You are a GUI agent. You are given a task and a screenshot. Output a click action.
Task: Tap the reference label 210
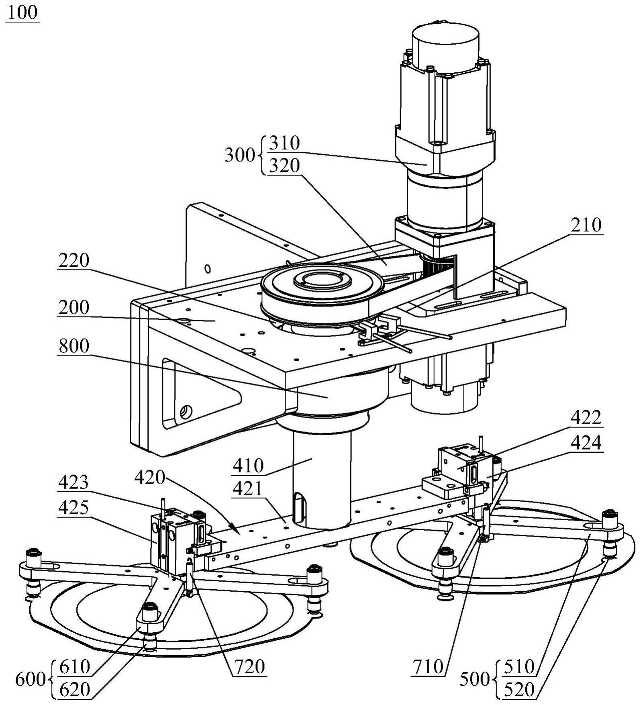pos(586,225)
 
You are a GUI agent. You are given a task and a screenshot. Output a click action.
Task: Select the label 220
pos(73,260)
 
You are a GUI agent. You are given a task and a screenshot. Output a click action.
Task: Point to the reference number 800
pos(73,346)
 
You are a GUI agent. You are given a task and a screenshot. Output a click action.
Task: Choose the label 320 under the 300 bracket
pos(284,165)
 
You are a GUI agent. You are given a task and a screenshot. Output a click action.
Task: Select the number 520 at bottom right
pos(519,690)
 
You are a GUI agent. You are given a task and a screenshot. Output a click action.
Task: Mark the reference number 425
pos(73,508)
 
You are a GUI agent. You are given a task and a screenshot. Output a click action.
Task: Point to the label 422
pos(586,418)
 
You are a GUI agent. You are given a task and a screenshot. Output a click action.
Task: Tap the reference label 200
pos(73,307)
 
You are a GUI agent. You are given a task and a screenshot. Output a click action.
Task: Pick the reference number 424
pos(586,443)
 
